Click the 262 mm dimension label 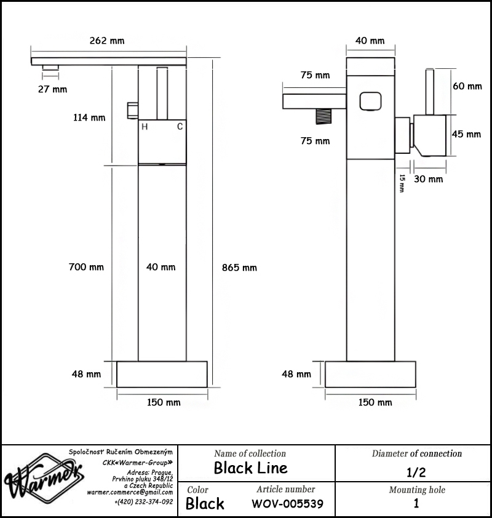tap(107, 41)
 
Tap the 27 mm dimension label tap(52, 89)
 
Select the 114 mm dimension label tap(89, 118)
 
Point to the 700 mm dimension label tap(86, 267)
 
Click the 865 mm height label tap(239, 268)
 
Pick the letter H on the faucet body tap(145, 127)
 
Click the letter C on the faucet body tap(180, 127)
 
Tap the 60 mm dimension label tap(467, 86)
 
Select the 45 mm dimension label tap(466, 134)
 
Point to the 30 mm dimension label tap(428, 179)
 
